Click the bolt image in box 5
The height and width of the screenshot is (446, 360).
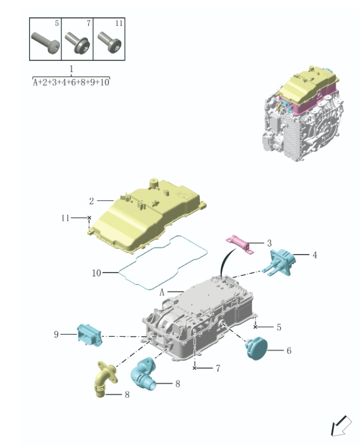click(44, 42)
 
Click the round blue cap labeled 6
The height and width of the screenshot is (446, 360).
click(257, 349)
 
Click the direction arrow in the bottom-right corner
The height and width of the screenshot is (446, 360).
click(340, 426)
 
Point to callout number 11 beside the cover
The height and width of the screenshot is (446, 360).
click(66, 218)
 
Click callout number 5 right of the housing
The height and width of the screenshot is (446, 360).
click(279, 327)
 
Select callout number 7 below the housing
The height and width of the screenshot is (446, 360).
click(217, 368)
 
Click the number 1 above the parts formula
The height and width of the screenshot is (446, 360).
click(72, 68)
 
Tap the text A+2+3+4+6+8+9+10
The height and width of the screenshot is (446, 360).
click(72, 82)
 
